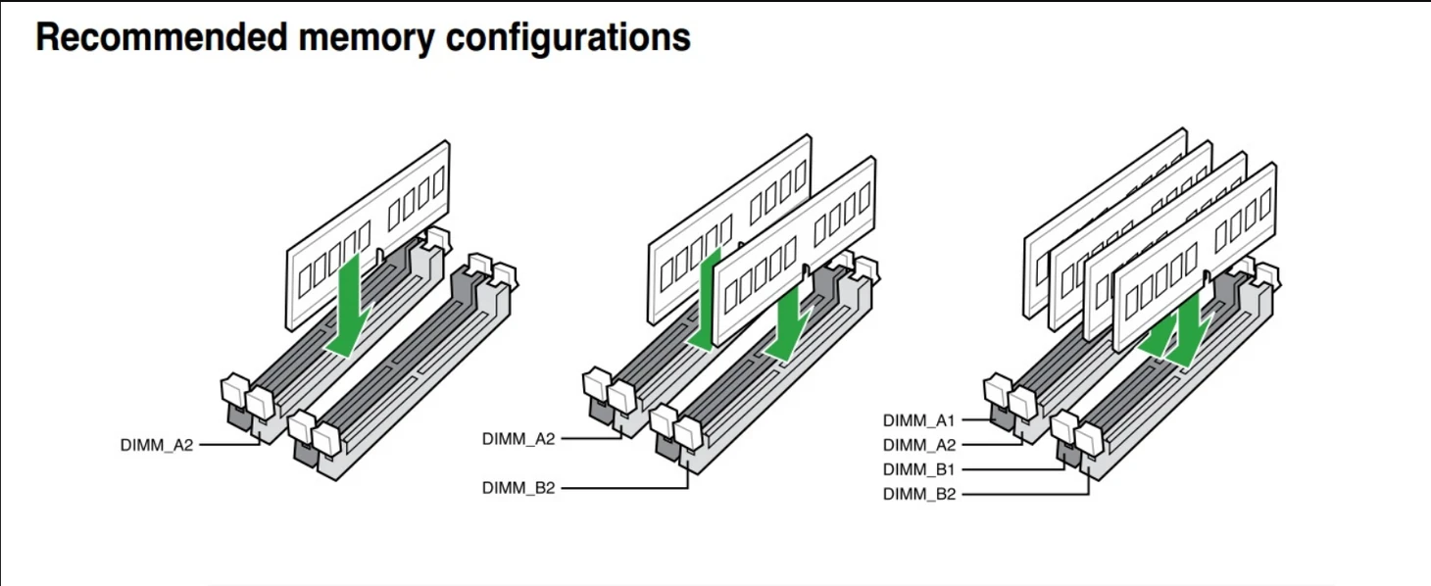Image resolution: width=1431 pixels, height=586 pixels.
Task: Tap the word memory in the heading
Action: [347, 37]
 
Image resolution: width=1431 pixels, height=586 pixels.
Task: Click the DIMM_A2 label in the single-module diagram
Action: [157, 445]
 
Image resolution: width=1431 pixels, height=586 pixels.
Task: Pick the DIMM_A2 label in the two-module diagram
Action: [518, 438]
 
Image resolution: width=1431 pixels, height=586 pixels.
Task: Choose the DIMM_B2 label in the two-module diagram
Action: [518, 487]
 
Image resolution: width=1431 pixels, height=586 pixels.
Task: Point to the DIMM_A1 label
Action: [918, 420]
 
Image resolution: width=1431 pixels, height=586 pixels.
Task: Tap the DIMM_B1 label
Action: [918, 469]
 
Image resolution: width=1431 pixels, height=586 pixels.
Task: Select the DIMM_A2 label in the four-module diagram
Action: [918, 444]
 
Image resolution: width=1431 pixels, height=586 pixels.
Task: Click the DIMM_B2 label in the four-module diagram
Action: [918, 494]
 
